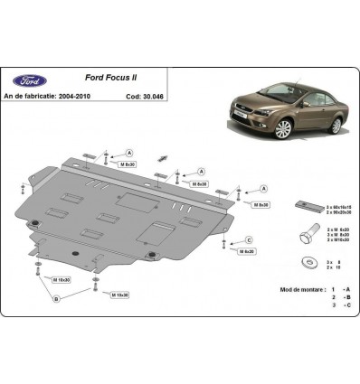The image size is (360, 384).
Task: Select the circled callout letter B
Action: [x=55, y=297]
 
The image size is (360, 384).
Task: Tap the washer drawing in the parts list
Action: [x=302, y=263]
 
